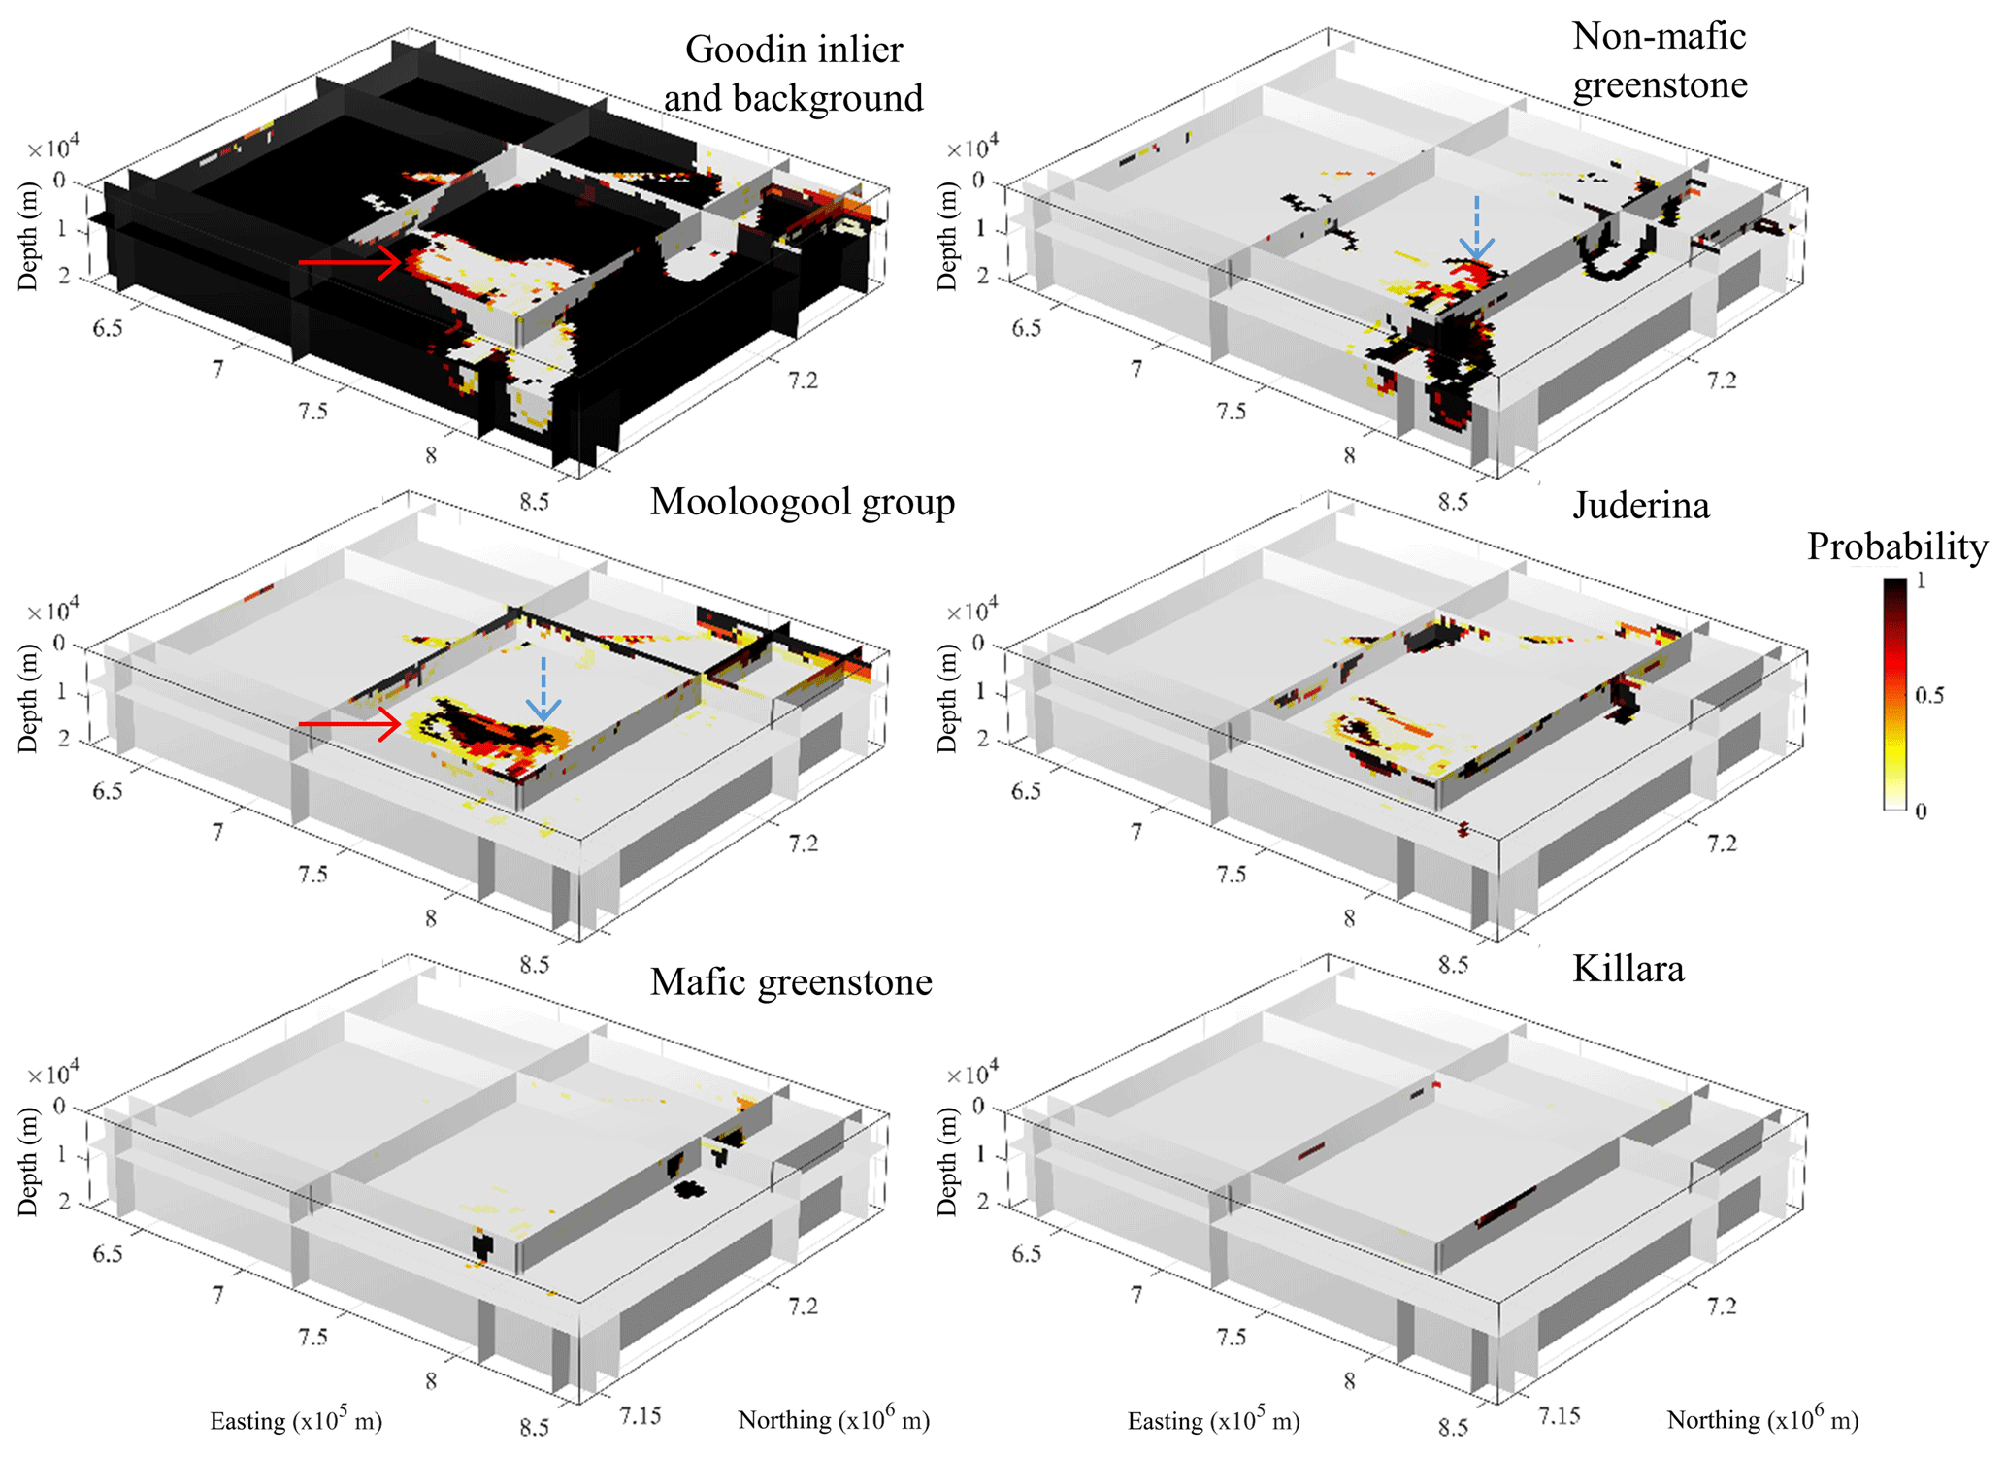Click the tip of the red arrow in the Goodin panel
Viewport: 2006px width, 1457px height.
pyautogui.click(x=401, y=262)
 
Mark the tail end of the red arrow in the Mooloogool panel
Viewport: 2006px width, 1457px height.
pyautogui.click(x=299, y=724)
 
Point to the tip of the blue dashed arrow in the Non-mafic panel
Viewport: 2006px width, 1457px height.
pyautogui.click(x=1476, y=260)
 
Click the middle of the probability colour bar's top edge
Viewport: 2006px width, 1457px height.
pyautogui.click(x=1894, y=579)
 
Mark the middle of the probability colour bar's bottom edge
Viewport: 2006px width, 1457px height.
pyautogui.click(x=1894, y=809)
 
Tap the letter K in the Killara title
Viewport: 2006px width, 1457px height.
pyautogui.click(x=1585, y=969)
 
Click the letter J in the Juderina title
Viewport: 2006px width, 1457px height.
pyautogui.click(x=1581, y=507)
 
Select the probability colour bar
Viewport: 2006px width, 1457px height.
pyautogui.click(x=1894, y=694)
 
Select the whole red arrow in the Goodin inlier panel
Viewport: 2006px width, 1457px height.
pyautogui.click(x=349, y=262)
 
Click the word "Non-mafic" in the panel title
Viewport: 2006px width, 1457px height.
pyautogui.click(x=1659, y=36)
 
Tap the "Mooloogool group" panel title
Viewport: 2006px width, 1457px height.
pyautogui.click(x=803, y=503)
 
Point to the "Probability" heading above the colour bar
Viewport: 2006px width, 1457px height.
pyautogui.click(x=1896, y=547)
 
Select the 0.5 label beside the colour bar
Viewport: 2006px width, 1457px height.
pyautogui.click(x=1929, y=695)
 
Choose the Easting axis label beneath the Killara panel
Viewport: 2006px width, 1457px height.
pyautogui.click(x=1213, y=1420)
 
